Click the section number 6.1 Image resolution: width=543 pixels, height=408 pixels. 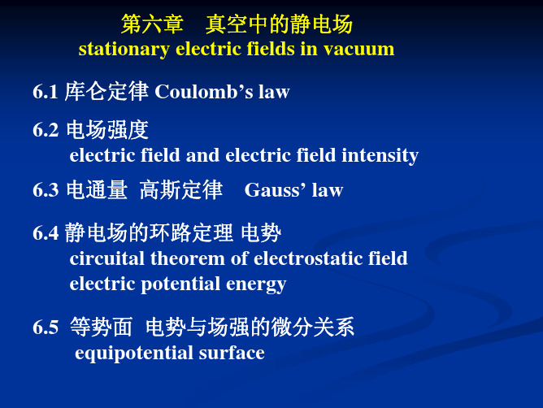tap(45, 92)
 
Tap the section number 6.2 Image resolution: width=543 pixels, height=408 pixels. tap(46, 130)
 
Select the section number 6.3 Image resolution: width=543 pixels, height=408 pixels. tap(46, 190)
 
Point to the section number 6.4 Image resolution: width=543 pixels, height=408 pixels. tap(46, 232)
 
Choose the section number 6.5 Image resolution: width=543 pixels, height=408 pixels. tap(46, 328)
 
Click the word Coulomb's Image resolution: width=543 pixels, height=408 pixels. tap(204, 92)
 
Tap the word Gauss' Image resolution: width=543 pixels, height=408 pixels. tap(275, 190)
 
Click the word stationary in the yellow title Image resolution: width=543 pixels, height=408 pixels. tap(124, 50)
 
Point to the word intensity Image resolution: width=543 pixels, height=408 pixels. tap(380, 155)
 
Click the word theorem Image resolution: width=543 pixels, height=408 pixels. tap(187, 258)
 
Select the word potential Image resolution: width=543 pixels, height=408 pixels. tap(180, 284)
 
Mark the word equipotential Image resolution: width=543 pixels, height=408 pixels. tap(133, 354)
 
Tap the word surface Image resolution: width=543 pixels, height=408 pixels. tap(232, 353)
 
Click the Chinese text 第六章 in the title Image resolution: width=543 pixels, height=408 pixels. tap(152, 24)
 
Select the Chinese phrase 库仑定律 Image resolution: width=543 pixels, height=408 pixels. tap(106, 92)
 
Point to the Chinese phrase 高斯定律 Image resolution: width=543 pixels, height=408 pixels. tap(181, 190)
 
